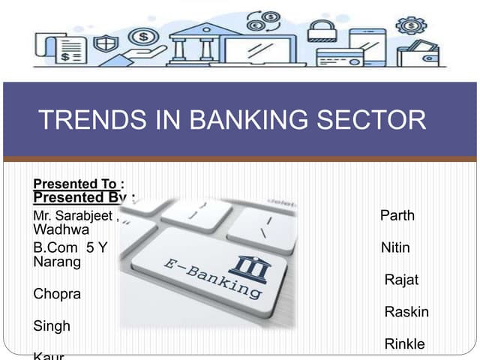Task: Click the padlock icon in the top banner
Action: pyautogui.click(x=320, y=31)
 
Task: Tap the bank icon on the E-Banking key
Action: pyautogui.click(x=249, y=268)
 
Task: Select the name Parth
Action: pyautogui.click(x=397, y=216)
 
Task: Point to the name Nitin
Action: pyautogui.click(x=395, y=247)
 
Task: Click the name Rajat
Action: pyautogui.click(x=401, y=280)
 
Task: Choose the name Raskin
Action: pyautogui.click(x=406, y=312)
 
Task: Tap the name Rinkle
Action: pyautogui.click(x=404, y=344)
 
